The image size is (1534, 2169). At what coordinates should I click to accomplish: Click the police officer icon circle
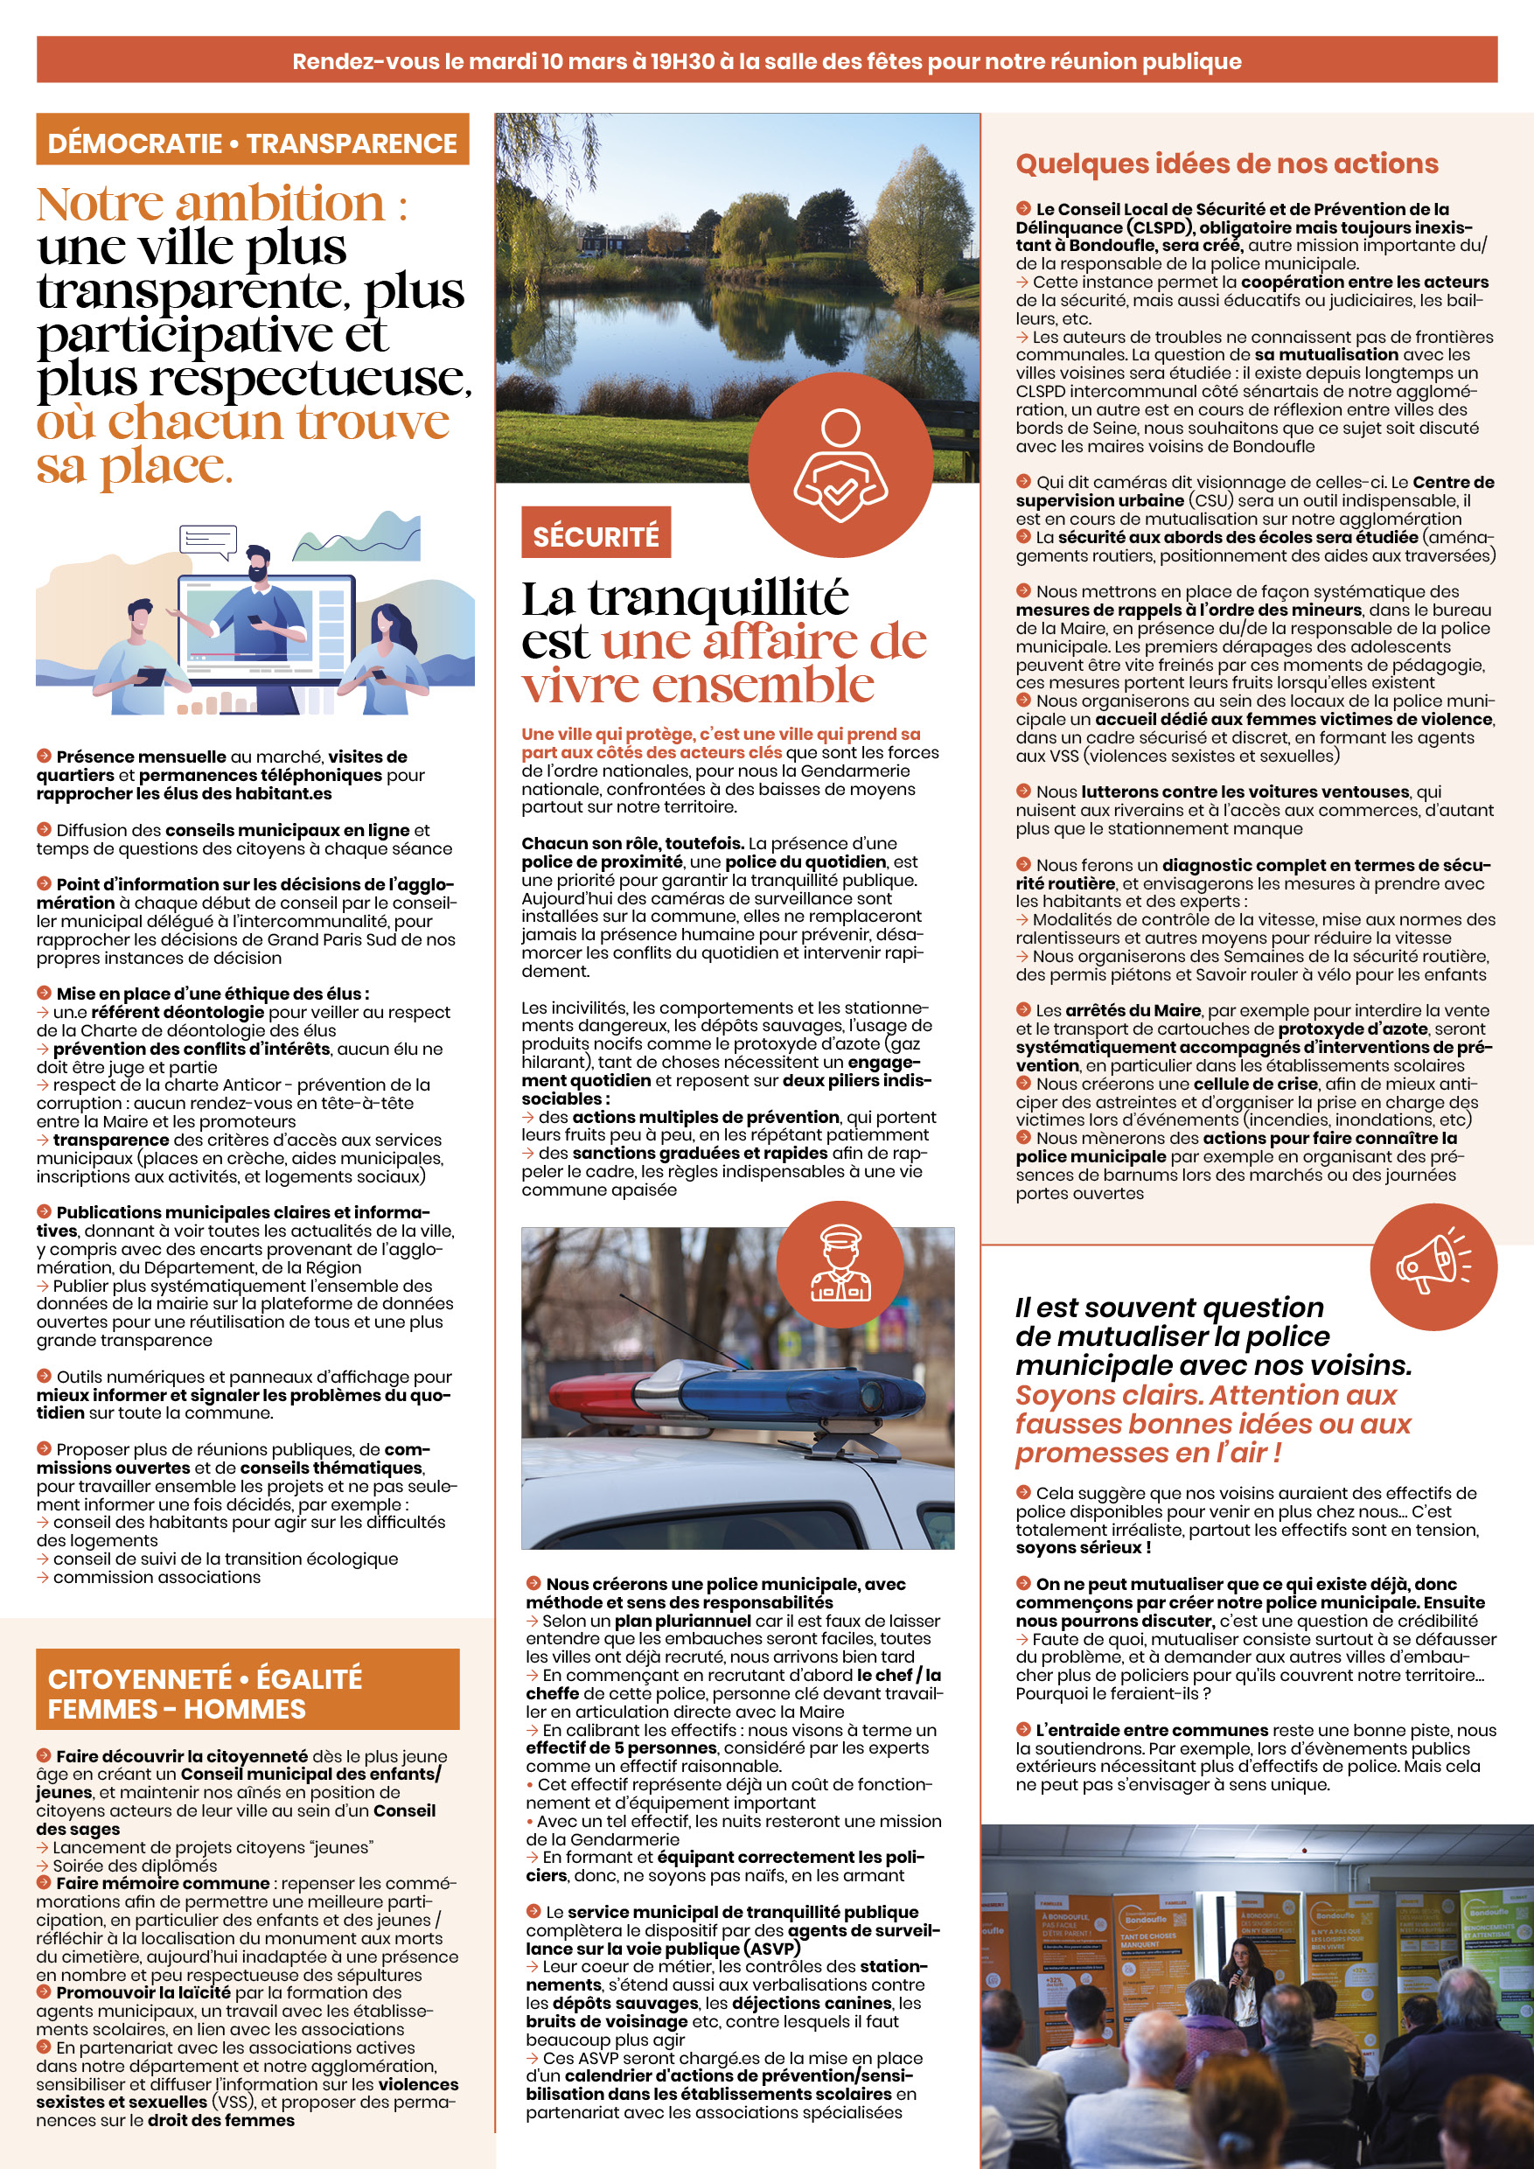840,1265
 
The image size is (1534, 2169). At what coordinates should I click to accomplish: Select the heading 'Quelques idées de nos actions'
1226,164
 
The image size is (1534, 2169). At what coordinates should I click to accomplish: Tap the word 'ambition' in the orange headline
282,205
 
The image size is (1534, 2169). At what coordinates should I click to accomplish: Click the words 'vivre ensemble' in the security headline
698,685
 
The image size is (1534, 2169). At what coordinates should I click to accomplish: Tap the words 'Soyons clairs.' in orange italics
1109,1394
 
